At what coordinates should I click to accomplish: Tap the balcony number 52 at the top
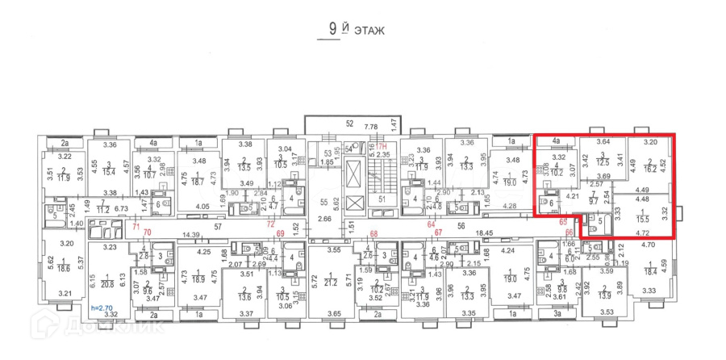[349, 123]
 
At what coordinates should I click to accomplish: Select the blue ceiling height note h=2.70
[102, 308]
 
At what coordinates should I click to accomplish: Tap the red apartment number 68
[374, 234]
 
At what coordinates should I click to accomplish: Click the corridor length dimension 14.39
[191, 234]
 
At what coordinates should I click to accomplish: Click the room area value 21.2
[330, 283]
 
